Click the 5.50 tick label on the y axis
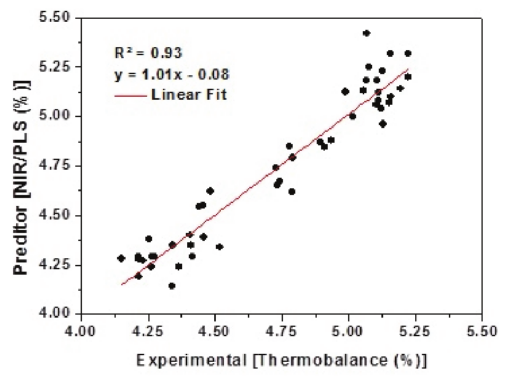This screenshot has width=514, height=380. pyautogui.click(x=55, y=18)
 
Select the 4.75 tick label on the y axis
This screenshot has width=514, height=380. pyautogui.click(x=55, y=166)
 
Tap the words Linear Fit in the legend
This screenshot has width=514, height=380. pyautogui.click(x=189, y=95)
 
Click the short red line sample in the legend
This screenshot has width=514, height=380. pyautogui.click(x=130, y=96)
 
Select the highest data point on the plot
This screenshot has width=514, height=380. pyautogui.click(x=366, y=33)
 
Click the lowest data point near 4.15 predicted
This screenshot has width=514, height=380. pyautogui.click(x=172, y=286)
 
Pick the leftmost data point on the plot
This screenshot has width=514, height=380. pyautogui.click(x=121, y=258)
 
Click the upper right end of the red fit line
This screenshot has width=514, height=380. pyautogui.click(x=409, y=69)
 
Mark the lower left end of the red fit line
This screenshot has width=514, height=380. pyautogui.click(x=122, y=284)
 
